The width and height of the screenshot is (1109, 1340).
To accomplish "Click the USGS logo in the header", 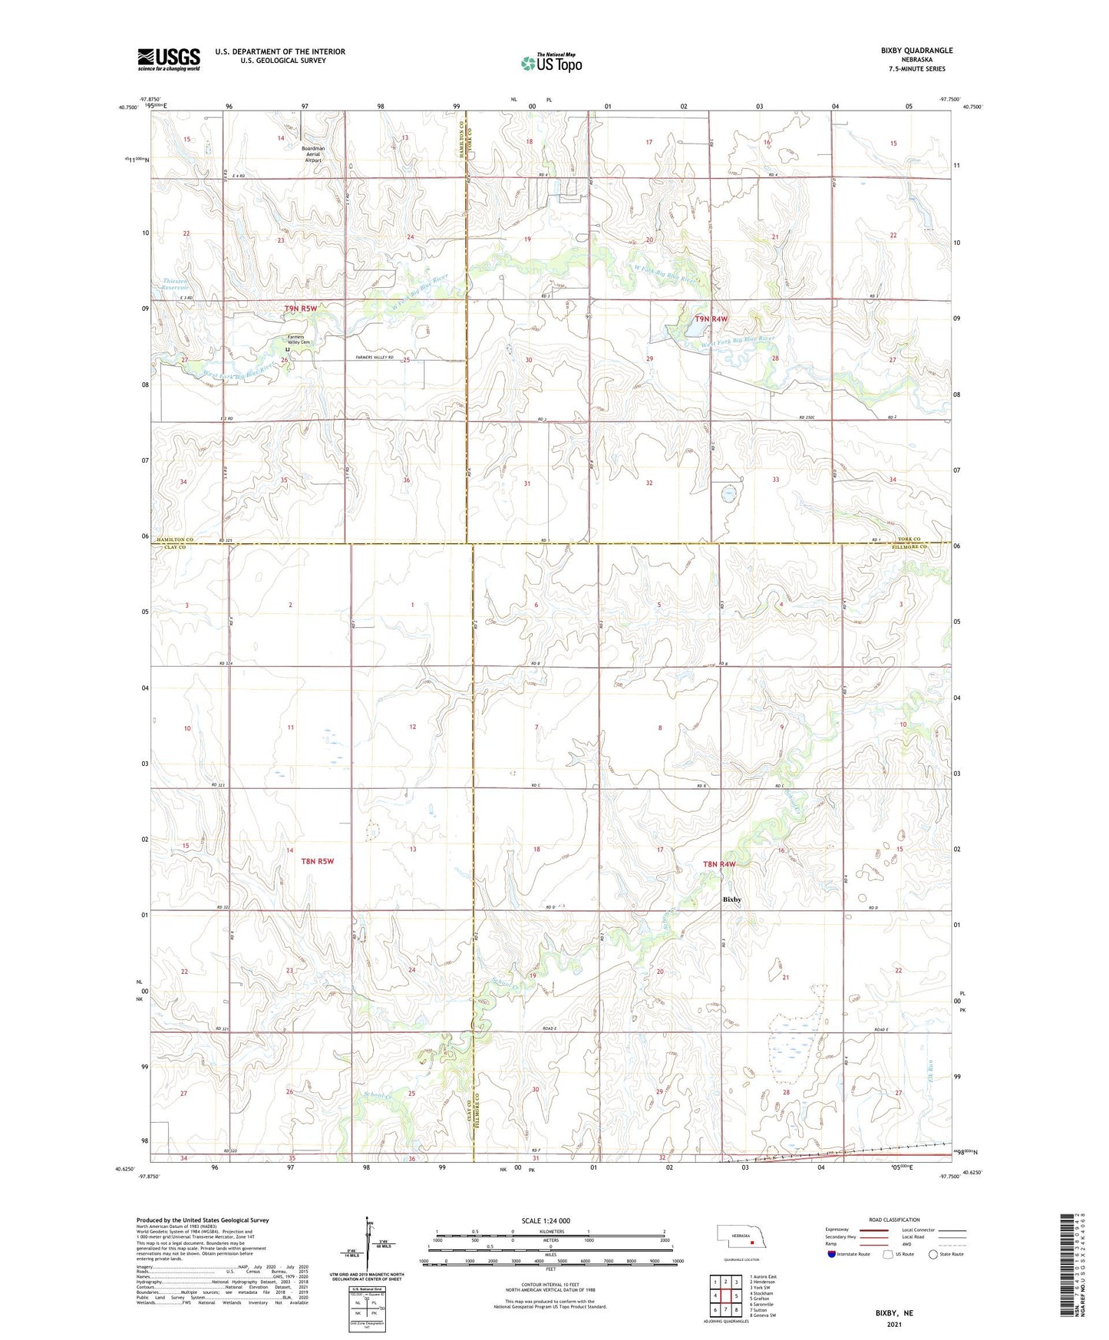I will click(169, 59).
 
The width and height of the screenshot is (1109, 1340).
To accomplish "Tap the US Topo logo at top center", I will click(550, 63).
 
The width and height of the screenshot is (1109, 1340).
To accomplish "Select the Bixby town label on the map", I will click(732, 899).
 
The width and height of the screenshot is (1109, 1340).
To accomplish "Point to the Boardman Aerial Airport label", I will click(313, 154).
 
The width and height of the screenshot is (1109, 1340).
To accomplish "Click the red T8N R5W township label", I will click(318, 861).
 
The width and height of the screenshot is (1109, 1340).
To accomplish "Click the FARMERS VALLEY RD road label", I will click(375, 358).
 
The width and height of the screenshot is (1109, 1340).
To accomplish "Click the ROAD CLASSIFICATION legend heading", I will click(894, 1220).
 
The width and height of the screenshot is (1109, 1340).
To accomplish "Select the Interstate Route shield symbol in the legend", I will click(833, 1254).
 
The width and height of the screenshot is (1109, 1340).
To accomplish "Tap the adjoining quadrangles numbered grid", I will click(725, 1296).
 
